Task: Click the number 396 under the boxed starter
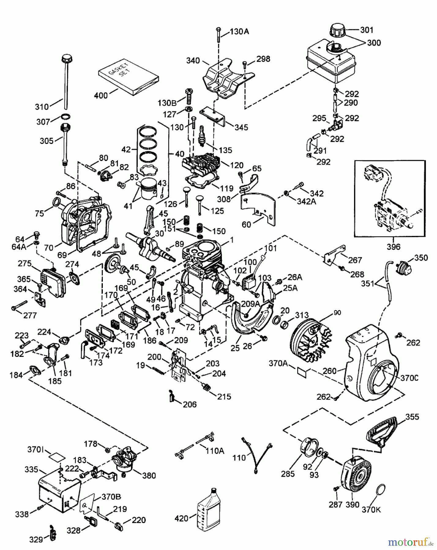(393, 246)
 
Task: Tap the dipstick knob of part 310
(66, 57)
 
